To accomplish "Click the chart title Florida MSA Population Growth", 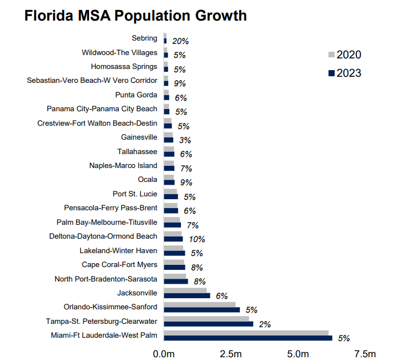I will tap(135, 16).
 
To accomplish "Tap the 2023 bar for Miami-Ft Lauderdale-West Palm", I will tap(248, 338).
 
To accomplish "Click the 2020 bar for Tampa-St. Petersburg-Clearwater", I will tap(206, 318).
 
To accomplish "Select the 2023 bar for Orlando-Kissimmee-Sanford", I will tap(202, 309).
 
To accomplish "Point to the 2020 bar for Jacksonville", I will tap(185, 290).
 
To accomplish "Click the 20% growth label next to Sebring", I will tap(180, 41).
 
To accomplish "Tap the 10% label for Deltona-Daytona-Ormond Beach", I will tap(197, 239).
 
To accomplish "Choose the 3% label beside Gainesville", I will tap(185, 140).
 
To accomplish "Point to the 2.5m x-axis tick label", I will tap(231, 354).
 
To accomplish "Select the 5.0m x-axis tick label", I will tap(298, 354).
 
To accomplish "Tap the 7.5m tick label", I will tap(365, 354).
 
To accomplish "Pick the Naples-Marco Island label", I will tap(123, 165).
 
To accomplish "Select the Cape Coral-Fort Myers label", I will tap(119, 264).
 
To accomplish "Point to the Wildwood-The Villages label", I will tap(119, 52).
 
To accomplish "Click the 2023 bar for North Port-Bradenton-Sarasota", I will tap(175, 282).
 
